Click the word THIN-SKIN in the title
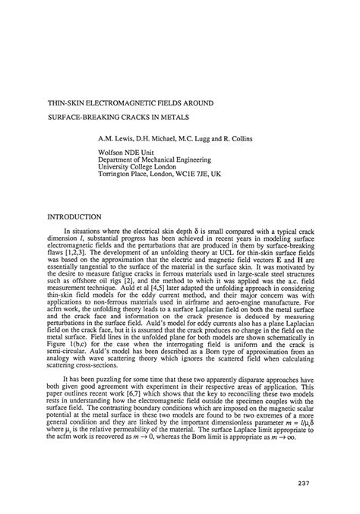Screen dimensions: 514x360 click(67, 102)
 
